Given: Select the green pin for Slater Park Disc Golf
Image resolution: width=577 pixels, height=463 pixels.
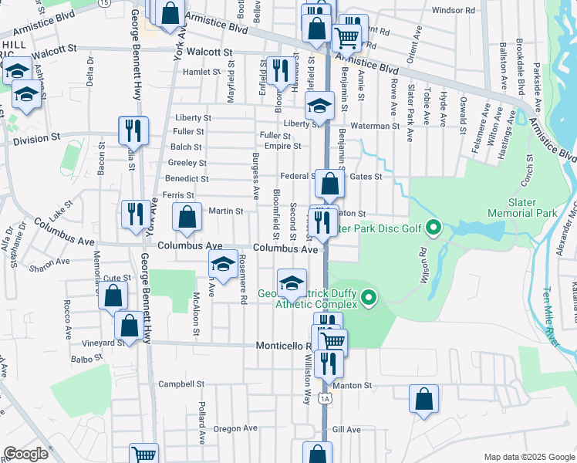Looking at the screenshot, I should [433, 228].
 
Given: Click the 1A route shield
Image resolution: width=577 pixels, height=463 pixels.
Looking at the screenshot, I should [326, 397].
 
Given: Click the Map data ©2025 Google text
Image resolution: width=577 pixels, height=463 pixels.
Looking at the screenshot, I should [528, 457].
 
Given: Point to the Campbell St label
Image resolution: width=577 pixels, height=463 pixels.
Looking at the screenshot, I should [181, 384].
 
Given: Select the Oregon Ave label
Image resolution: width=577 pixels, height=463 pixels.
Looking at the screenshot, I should [235, 428].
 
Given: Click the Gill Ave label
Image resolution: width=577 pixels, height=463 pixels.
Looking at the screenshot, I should [346, 429].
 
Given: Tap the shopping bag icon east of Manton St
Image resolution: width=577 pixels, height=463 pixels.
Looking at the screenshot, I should [423, 399].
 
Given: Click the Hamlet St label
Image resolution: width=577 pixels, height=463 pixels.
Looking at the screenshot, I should [202, 72].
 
